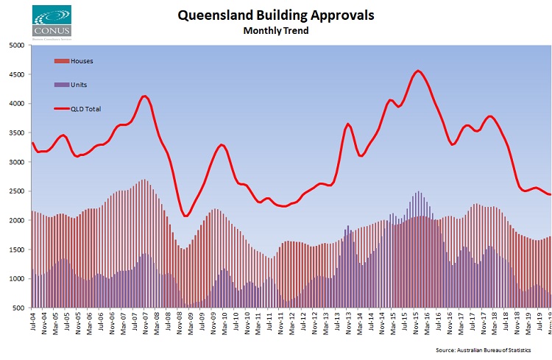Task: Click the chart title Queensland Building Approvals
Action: click(x=277, y=15)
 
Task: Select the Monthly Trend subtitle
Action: click(x=277, y=31)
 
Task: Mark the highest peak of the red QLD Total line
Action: click(x=418, y=71)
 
